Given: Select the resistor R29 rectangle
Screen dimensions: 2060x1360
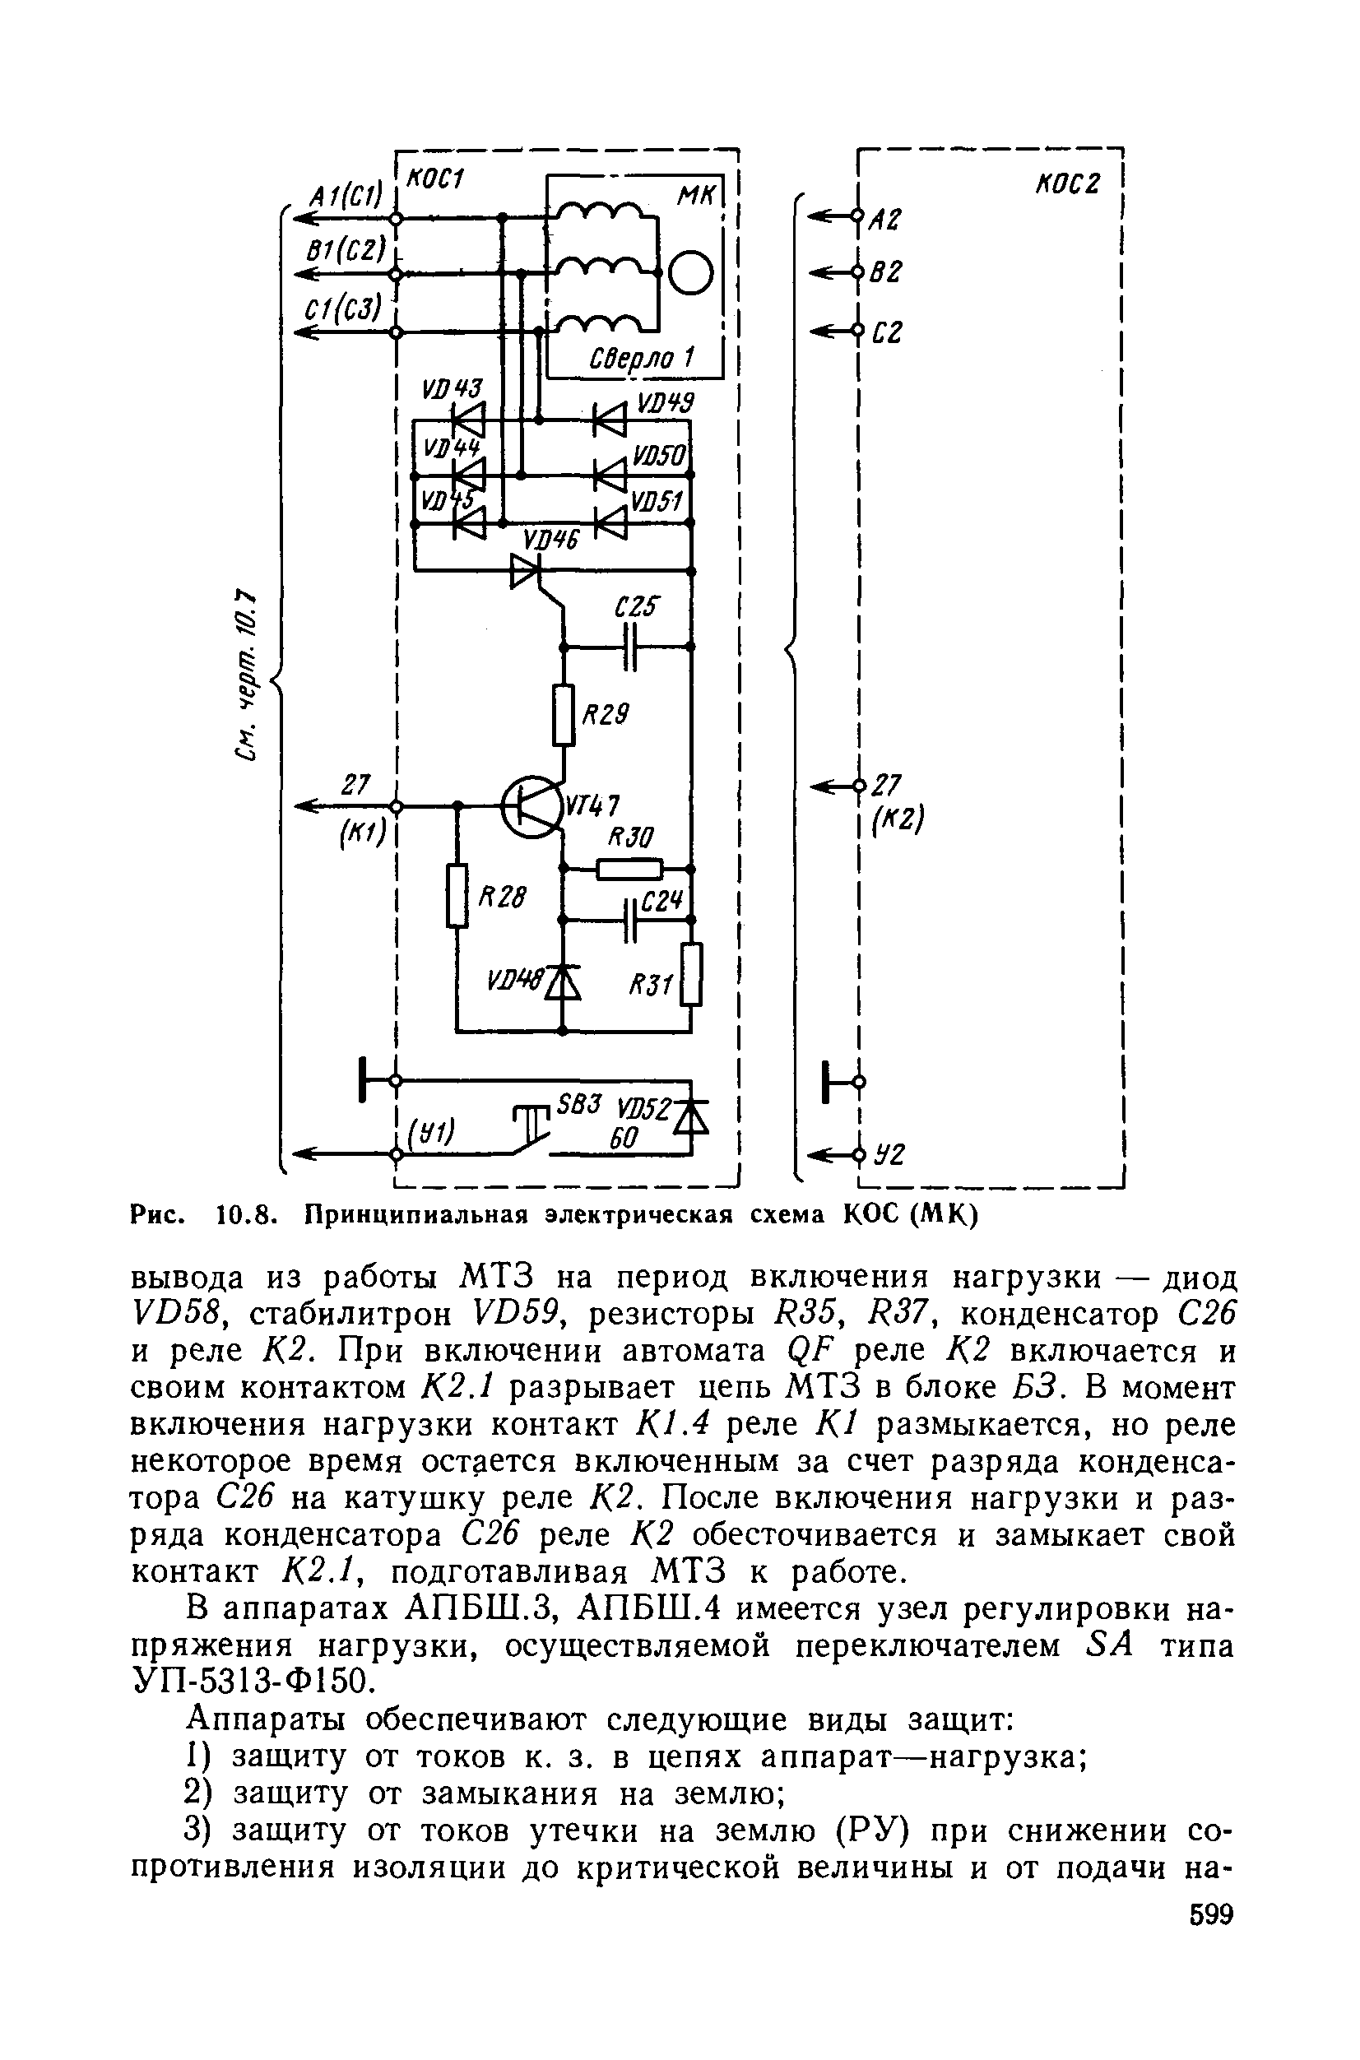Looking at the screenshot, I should tap(564, 715).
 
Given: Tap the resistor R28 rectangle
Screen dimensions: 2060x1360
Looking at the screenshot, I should tap(458, 895).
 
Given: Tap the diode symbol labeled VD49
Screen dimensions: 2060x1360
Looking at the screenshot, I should tap(610, 420).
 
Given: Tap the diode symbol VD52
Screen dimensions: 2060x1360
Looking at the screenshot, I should tap(691, 1118).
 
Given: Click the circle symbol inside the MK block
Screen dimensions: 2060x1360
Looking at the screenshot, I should tap(691, 273).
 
